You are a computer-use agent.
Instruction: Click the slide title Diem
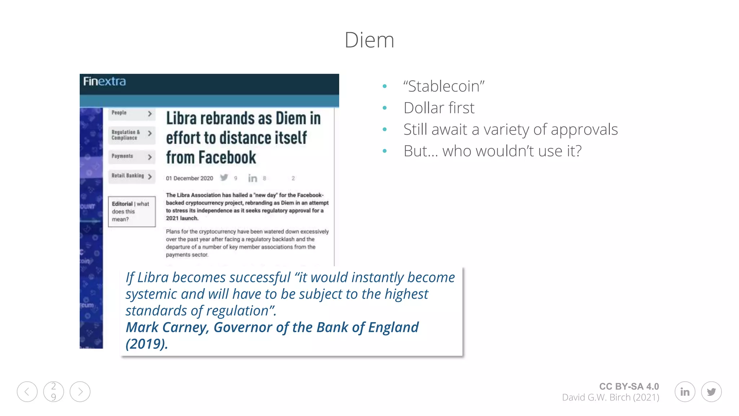369,40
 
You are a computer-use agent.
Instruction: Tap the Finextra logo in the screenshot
105,81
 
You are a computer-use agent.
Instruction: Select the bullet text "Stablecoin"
444,86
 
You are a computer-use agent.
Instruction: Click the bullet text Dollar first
439,108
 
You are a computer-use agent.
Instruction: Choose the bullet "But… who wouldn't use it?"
492,151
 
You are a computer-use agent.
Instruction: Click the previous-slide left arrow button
27,392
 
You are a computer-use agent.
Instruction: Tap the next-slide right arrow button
80,392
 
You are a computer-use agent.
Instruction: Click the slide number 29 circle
53,392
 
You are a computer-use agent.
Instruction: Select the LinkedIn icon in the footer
685,392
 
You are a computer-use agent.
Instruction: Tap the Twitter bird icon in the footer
711,392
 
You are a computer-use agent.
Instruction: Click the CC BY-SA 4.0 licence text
629,386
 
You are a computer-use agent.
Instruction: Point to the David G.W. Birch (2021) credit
611,398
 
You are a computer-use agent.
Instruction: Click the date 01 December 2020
189,178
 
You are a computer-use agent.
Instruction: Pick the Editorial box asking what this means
132,212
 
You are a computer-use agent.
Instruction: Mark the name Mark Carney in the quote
167,327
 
